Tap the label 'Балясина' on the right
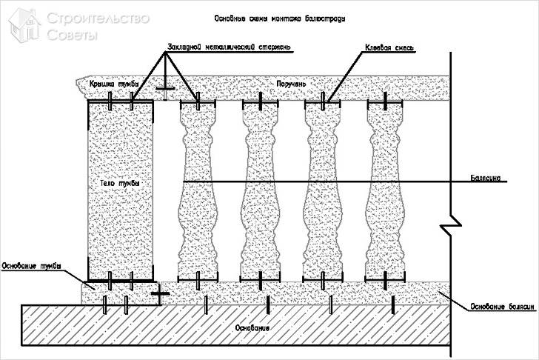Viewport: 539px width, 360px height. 486,178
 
